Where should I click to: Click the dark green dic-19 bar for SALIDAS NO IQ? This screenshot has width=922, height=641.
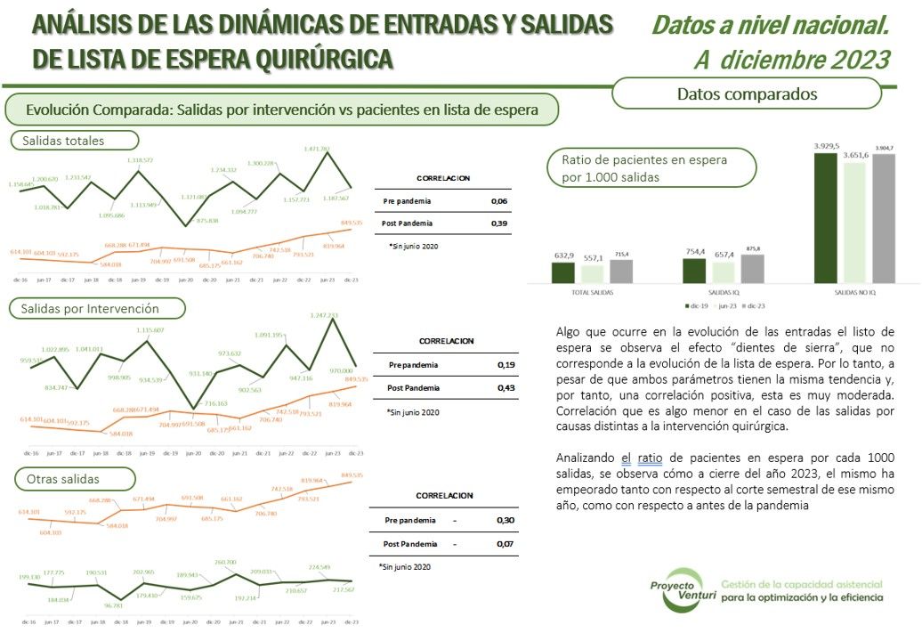click(x=827, y=217)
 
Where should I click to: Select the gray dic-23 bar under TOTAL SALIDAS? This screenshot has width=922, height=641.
click(x=620, y=271)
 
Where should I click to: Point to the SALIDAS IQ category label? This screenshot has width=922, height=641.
click(x=725, y=292)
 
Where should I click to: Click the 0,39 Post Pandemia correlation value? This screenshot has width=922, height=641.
click(x=498, y=223)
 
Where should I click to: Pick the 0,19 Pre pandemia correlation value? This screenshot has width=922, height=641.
click(x=505, y=365)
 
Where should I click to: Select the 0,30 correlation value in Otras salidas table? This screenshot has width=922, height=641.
click(x=505, y=520)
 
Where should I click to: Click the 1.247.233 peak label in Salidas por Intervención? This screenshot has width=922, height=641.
click(x=322, y=315)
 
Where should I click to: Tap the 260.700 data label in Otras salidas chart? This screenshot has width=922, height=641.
click(x=225, y=562)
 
